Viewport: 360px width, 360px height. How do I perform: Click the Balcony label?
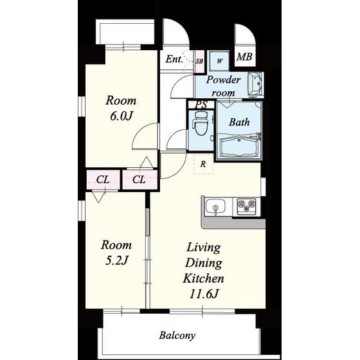pyautogui.click(x=177, y=336)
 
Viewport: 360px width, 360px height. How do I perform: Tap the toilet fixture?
pyautogui.click(x=201, y=123)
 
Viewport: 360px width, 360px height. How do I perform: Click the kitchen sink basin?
pyautogui.click(x=215, y=206)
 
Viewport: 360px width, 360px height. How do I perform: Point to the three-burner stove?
pyautogui.click(x=246, y=206)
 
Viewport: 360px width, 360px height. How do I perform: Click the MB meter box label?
pyautogui.click(x=244, y=57)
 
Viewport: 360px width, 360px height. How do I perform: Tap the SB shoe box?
pyautogui.click(x=199, y=61)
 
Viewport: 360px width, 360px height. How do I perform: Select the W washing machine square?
pyautogui.click(x=219, y=61)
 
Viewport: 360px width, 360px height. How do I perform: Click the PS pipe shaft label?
pyautogui.click(x=202, y=105)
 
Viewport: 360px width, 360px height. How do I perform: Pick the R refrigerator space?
pyautogui.click(x=203, y=164)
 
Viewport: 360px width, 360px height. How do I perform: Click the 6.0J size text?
pyautogui.click(x=122, y=116)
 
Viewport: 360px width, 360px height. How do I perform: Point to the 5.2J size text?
pyautogui.click(x=116, y=261)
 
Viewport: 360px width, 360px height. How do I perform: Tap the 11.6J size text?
pyautogui.click(x=203, y=294)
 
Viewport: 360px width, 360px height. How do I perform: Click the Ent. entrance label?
pyautogui.click(x=174, y=59)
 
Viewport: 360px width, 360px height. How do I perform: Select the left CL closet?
pyautogui.click(x=103, y=179)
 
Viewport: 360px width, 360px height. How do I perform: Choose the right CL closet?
pyautogui.click(x=140, y=179)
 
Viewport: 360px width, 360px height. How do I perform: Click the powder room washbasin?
pyautogui.click(x=255, y=84)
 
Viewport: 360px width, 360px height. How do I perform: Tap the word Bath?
pyautogui.click(x=239, y=122)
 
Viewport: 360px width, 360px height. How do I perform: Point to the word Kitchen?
pyautogui.click(x=203, y=278)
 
